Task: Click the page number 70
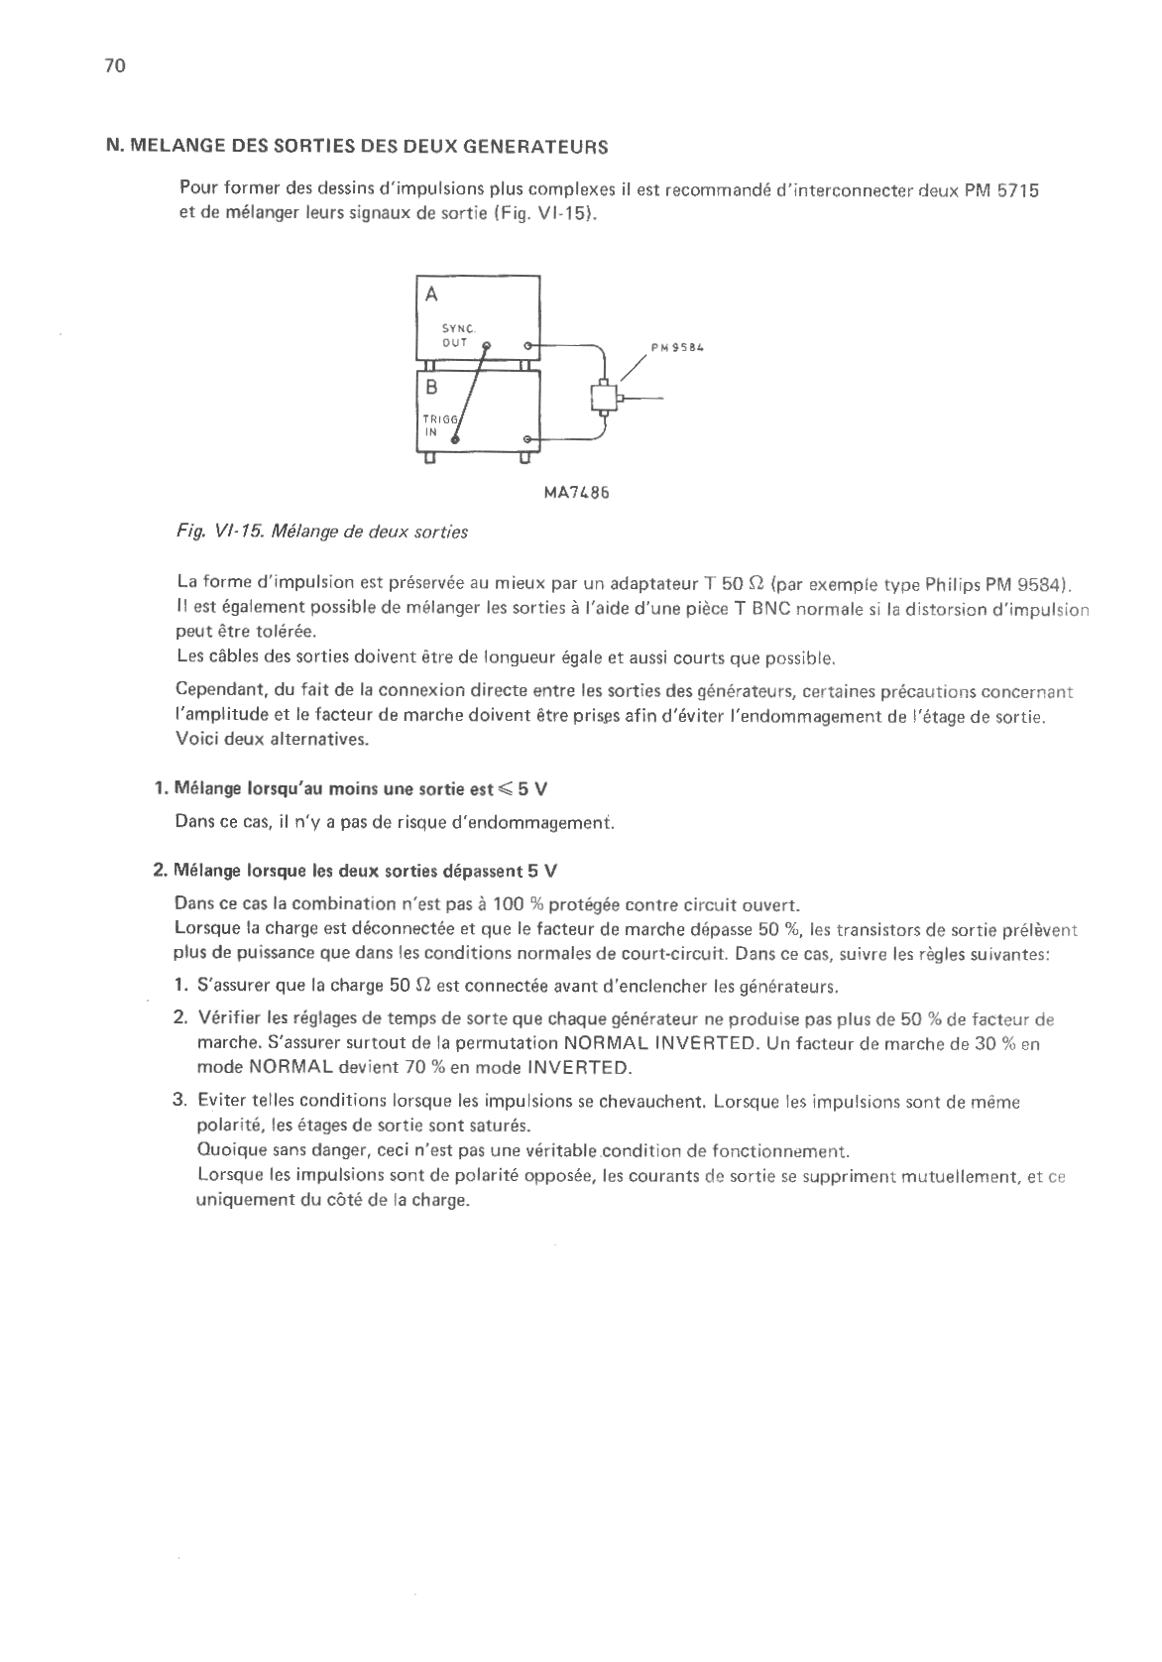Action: (113, 66)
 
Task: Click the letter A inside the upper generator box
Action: (430, 295)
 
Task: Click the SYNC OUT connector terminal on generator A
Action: (486, 345)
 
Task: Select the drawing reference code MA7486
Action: (576, 491)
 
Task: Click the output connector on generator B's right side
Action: (527, 439)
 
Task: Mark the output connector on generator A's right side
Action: (527, 345)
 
